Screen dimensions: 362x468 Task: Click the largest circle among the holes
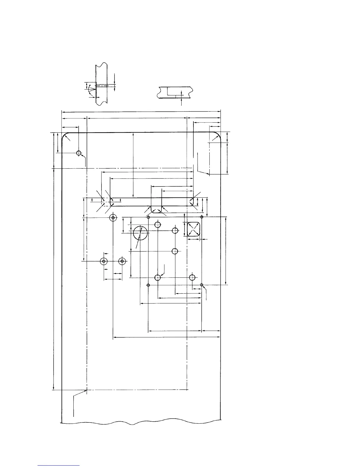[x=140, y=233]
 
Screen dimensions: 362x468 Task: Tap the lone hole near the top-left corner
[x=79, y=153]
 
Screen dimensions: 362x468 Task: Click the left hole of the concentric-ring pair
[x=104, y=261]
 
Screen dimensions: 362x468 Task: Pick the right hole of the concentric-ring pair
[x=122, y=261]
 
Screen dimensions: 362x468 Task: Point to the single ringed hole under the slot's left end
[x=113, y=218]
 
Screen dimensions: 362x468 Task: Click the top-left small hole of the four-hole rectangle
[x=148, y=217]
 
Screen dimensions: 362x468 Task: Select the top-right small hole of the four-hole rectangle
[x=202, y=217]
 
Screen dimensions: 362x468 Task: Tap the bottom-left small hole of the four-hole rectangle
[x=148, y=285]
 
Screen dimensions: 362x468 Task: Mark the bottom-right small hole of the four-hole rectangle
[x=202, y=285]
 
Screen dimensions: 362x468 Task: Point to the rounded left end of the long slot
[x=112, y=202]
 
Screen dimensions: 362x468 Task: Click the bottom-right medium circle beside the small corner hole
[x=192, y=277]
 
